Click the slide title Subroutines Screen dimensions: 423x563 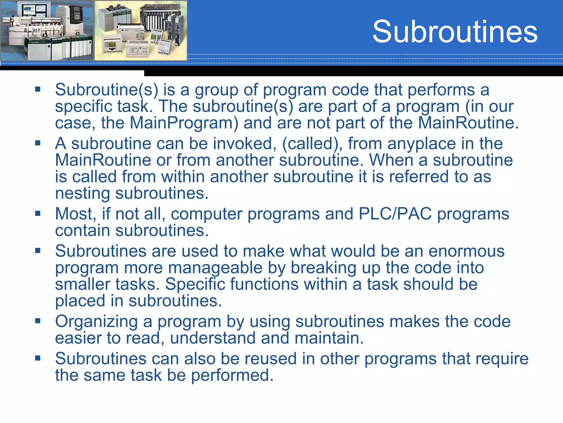coord(455,32)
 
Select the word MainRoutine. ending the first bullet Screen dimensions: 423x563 coord(468,123)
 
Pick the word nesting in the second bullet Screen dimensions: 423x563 coord(82,193)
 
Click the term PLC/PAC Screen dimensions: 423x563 coord(395,214)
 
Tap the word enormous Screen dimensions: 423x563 coord(467,251)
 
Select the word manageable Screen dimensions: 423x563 coord(215,268)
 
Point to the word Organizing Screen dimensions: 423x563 coord(96,322)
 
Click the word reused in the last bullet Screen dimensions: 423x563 coord(271,359)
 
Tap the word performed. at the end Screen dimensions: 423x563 coord(232,375)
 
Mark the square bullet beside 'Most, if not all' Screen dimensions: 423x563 coord(38,213)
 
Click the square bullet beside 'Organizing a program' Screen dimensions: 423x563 coord(38,321)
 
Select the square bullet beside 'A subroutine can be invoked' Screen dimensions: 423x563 coord(38,143)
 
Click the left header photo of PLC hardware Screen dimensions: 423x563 coord(47,30)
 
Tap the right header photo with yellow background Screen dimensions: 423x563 coord(141,30)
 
